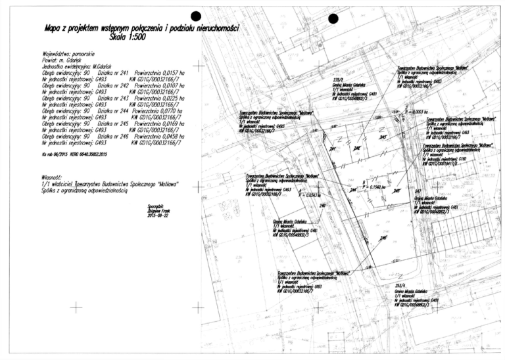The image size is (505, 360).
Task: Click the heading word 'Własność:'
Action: tap(55, 177)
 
